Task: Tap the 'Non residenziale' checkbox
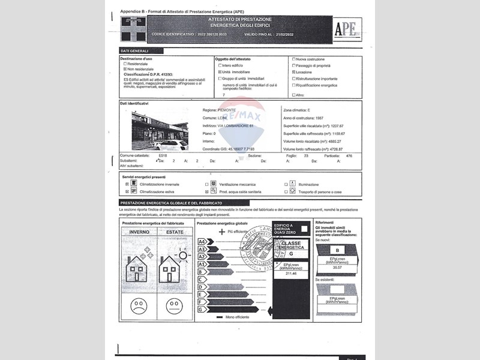point(125,69)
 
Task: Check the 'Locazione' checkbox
point(293,72)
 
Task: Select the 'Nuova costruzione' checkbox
point(293,59)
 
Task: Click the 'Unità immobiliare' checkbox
point(220,72)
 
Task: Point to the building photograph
point(160,131)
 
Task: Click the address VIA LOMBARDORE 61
point(236,126)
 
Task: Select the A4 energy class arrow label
point(202,241)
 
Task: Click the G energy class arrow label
point(202,309)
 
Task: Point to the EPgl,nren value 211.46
point(292,273)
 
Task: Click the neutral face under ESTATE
point(175,305)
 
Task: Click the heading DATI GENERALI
point(134,51)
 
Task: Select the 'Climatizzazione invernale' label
point(159,184)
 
